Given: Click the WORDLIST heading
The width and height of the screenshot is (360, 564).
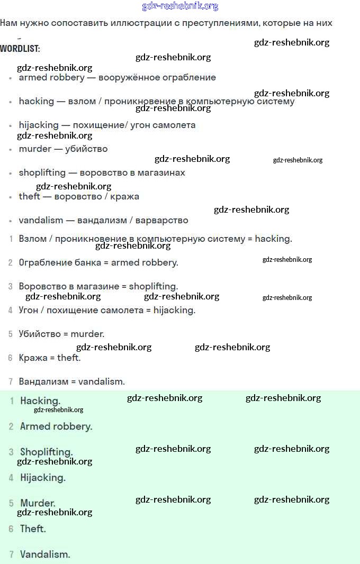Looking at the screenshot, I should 20,49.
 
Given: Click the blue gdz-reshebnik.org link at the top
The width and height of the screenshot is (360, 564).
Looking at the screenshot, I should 180,6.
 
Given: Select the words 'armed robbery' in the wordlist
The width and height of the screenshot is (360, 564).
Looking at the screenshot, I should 51,78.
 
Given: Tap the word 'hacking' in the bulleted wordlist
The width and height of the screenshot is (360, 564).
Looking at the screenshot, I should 37,102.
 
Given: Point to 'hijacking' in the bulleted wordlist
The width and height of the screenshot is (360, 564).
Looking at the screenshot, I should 39,125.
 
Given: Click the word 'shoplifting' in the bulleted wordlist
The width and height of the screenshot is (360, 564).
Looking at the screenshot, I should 42,173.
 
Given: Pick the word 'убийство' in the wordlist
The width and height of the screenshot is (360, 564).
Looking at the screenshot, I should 86,149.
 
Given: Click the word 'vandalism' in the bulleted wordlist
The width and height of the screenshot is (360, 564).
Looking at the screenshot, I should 41,221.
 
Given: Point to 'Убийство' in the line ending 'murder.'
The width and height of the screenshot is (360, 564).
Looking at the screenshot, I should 37,334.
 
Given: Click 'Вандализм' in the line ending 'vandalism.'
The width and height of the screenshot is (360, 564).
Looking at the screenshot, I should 42,381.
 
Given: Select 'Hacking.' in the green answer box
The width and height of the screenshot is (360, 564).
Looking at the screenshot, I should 40,401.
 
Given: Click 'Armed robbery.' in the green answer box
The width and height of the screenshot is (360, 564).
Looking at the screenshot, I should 56,426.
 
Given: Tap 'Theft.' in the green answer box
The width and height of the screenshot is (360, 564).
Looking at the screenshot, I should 33,529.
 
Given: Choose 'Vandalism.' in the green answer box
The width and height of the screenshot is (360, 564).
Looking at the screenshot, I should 45,554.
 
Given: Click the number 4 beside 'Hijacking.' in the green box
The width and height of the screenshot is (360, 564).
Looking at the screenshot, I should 11,478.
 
